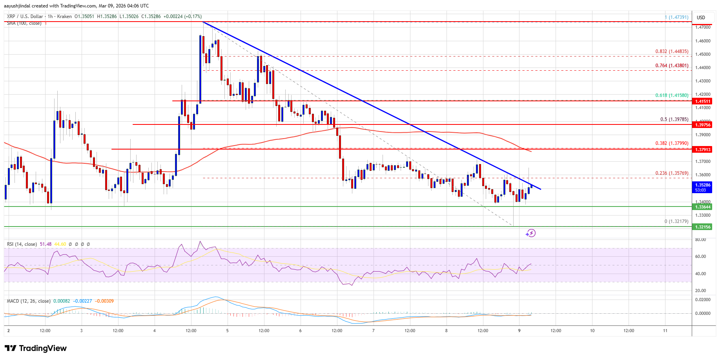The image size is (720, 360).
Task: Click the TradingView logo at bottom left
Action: pos(36,348)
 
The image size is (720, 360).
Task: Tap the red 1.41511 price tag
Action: pos(703,101)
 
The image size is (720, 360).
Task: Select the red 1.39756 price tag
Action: pos(703,125)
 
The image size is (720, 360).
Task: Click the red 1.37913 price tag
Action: pos(703,150)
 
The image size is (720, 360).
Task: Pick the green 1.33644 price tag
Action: pos(702,207)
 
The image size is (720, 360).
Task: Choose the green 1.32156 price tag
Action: pos(702,227)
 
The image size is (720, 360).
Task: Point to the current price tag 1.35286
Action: pos(702,185)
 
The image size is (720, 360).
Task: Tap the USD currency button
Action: pos(701,18)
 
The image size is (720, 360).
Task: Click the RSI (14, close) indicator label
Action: pos(22,244)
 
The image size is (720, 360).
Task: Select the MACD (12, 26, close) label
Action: pos(29,301)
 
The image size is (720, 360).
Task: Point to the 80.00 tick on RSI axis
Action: pos(700,239)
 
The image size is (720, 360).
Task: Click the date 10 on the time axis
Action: pos(592,331)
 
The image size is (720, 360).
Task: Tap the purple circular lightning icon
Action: pos(530,233)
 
